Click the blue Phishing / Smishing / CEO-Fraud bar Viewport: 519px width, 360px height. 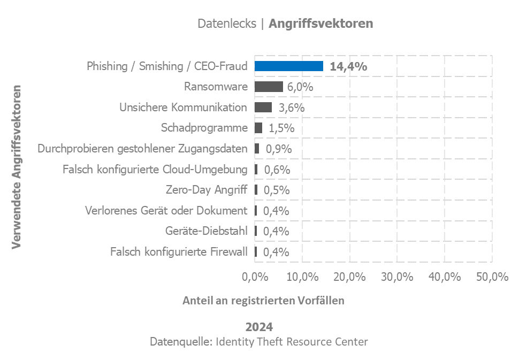288,66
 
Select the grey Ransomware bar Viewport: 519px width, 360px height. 269,87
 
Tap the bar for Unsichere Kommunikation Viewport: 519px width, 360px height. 263,107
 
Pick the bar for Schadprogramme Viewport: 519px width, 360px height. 258,128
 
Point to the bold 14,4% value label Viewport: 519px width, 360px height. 348,66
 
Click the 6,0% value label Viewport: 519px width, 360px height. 300,87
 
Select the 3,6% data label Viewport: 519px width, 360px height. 292,108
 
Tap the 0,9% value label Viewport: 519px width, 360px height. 279,149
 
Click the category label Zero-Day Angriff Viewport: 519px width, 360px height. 207,190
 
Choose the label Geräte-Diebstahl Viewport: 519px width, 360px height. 207,231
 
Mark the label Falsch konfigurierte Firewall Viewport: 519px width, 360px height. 179,251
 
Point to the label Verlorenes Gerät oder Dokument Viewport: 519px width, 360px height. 166,211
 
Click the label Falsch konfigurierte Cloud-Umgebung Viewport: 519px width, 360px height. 155,170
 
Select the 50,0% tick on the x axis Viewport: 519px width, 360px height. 492,277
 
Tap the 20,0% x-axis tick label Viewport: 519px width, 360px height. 349,277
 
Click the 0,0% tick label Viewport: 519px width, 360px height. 255,277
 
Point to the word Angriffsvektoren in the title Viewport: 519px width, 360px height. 321,24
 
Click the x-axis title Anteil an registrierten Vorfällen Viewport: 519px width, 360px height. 263,300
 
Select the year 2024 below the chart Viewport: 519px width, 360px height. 259,327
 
